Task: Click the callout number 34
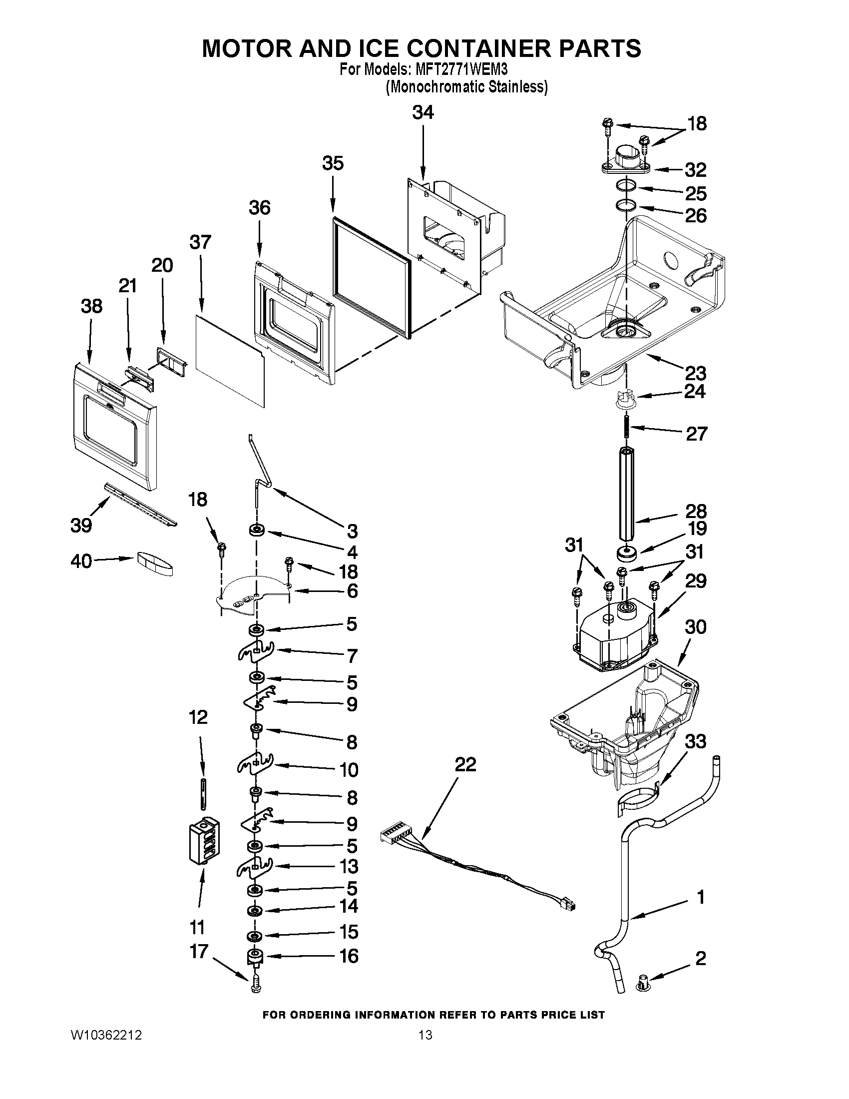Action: point(423,112)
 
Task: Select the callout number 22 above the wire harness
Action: point(465,764)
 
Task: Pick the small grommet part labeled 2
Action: point(643,982)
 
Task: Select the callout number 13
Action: point(349,867)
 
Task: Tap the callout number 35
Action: point(333,163)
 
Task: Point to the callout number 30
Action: point(695,627)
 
